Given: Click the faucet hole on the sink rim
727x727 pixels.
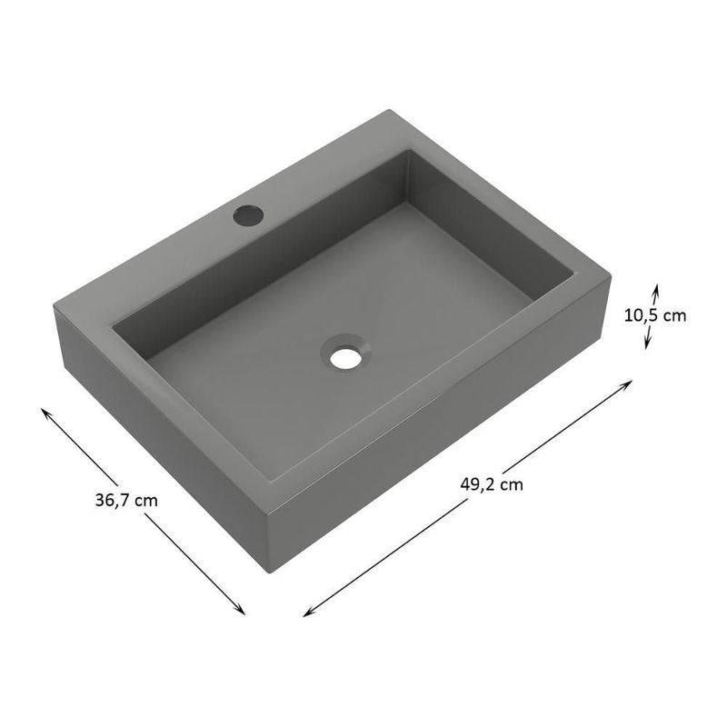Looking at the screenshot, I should tap(247, 215).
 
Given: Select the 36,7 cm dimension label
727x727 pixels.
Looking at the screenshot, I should tap(126, 499).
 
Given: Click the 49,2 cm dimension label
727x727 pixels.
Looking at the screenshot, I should tap(491, 483).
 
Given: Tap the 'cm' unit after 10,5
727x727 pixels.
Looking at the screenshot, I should tap(674, 315).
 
